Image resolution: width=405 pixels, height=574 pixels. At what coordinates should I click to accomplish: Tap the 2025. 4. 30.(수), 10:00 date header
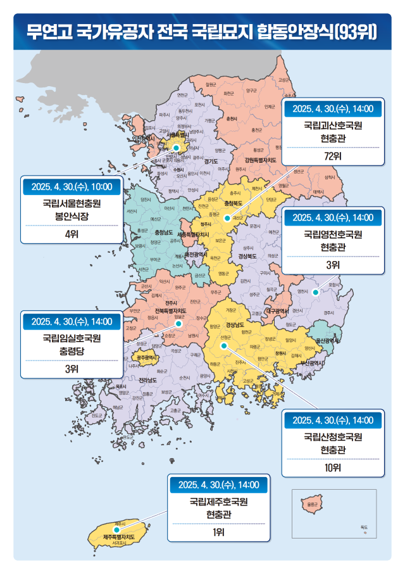coord(72,187)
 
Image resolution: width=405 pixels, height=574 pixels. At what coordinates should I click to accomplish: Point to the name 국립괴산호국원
coord(332,126)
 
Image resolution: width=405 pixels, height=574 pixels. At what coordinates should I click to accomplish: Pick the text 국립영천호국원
coord(332,235)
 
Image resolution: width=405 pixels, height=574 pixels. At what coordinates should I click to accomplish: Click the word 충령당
coord(72,352)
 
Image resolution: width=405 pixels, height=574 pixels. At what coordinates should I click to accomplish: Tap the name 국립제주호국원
coord(218,502)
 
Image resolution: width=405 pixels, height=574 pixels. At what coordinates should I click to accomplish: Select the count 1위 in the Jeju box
coord(218,532)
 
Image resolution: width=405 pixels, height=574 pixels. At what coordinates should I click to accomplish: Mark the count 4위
coord(72,234)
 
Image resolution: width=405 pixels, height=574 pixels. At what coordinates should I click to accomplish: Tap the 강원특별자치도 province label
coord(256,160)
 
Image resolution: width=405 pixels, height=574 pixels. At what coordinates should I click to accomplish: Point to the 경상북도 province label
coord(246,257)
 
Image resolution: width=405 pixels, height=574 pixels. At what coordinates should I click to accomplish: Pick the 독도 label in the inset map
coord(363,527)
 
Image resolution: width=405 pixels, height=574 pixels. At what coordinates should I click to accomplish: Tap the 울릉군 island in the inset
coord(309,504)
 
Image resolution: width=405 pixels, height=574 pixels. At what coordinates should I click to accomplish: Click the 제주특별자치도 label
coord(120,537)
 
